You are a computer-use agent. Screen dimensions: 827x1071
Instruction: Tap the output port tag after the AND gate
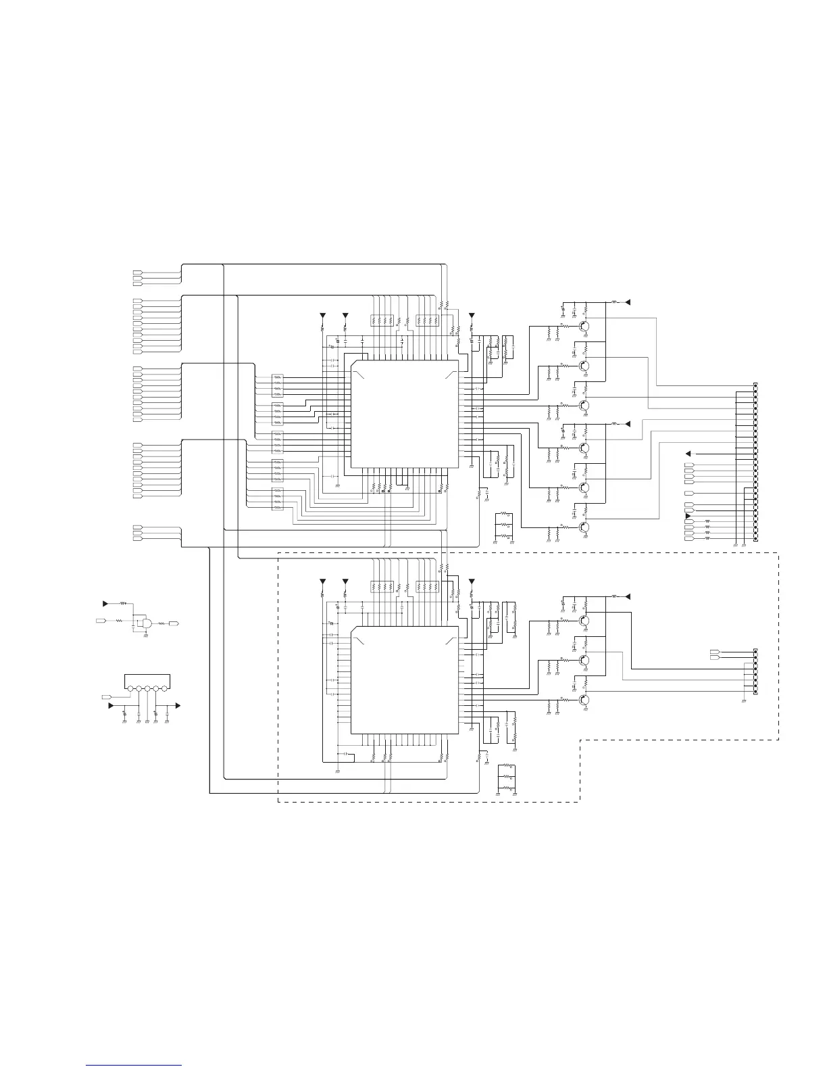click(174, 623)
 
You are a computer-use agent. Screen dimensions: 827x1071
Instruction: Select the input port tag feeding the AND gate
click(100, 619)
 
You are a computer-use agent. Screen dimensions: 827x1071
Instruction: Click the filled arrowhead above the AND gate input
click(105, 602)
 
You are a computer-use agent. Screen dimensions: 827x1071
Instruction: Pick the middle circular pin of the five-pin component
click(147, 689)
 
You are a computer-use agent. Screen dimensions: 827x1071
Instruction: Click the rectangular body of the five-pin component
click(147, 680)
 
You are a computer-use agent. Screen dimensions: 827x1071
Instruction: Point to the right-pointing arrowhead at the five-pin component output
click(178, 705)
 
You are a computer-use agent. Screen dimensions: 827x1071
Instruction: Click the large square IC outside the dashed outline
click(404, 413)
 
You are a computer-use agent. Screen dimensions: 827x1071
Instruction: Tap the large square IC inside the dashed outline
click(404, 680)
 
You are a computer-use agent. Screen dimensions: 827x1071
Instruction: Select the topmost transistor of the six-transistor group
click(585, 327)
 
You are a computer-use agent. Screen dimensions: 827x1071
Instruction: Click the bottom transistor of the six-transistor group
click(585, 527)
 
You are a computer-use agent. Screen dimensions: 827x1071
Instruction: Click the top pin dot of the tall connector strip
click(755, 385)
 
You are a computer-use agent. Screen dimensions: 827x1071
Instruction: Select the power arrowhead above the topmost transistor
click(628, 302)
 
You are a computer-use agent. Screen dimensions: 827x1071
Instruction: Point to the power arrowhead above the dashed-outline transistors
click(628, 596)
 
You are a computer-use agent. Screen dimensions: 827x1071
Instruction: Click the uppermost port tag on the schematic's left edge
click(137, 272)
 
